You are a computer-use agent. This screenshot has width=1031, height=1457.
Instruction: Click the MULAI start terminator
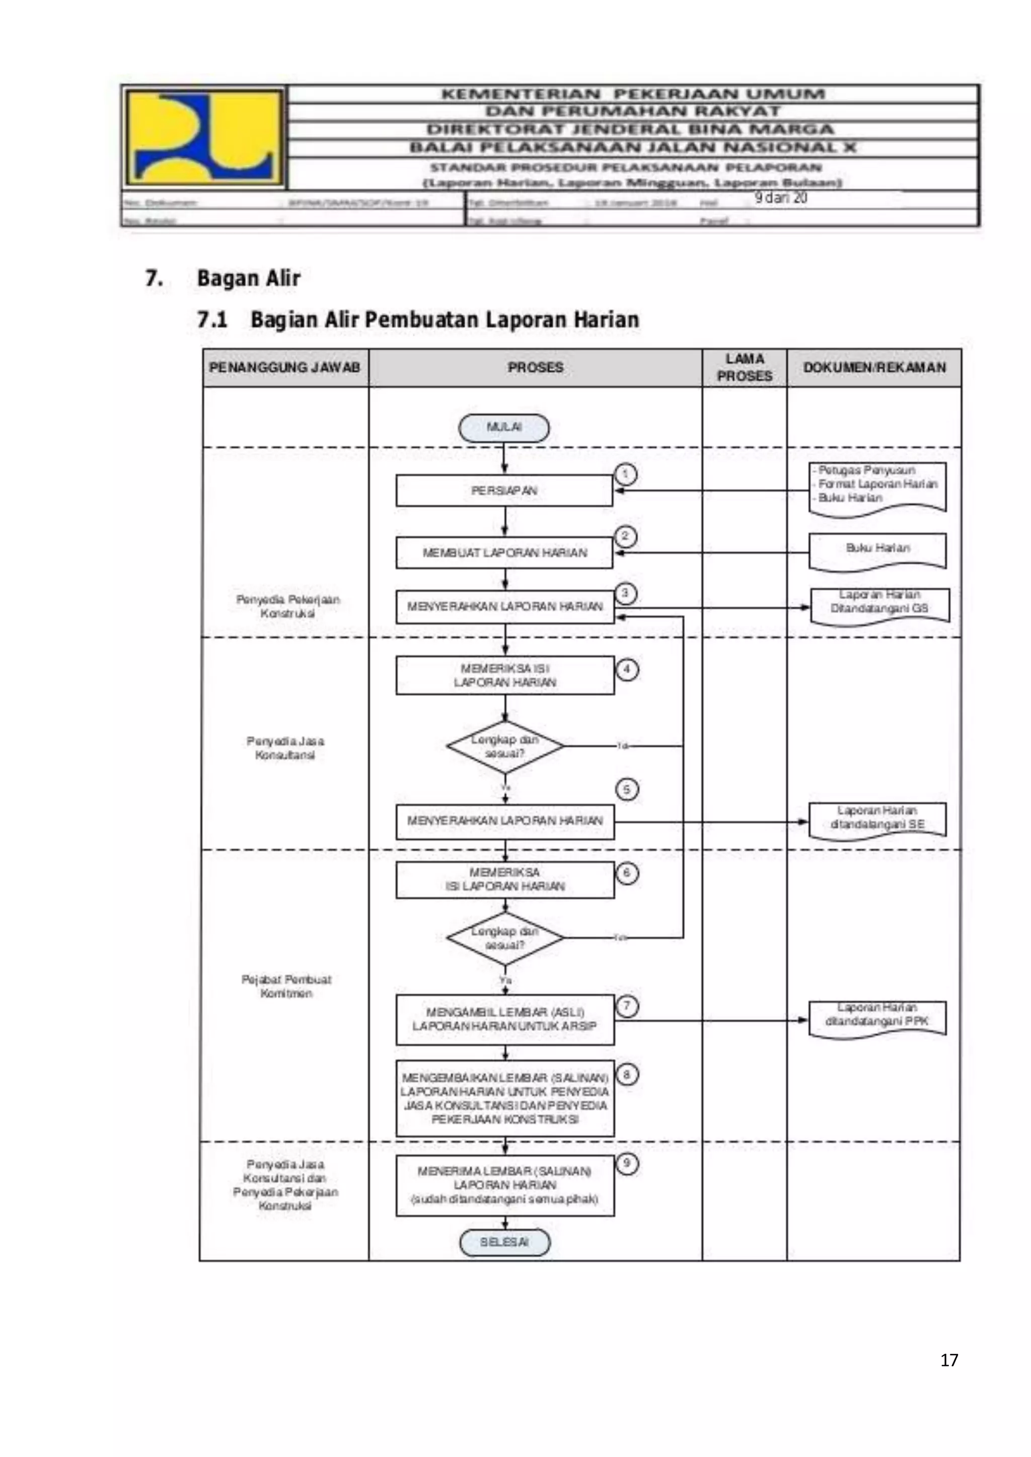point(503,428)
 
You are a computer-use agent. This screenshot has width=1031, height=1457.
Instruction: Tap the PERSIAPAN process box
point(504,491)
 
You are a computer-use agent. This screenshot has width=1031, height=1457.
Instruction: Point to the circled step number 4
point(627,670)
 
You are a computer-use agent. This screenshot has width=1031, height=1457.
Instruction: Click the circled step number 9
point(627,1163)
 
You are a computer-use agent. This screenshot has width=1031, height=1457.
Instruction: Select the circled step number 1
point(625,474)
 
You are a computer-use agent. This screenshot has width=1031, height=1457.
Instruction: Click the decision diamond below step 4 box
point(505,747)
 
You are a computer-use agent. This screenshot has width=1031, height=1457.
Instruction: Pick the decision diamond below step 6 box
point(505,938)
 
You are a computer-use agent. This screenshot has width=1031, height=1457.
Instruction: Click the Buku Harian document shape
point(877,549)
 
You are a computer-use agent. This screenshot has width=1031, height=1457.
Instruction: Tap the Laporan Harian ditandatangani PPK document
point(877,1018)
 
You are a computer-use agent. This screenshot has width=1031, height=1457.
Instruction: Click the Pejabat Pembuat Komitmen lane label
point(286,986)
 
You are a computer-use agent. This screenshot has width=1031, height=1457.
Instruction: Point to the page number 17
point(949,1359)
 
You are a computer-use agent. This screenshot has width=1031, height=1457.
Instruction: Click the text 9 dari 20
point(780,198)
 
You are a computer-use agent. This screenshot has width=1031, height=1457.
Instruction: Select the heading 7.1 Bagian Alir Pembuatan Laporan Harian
point(418,319)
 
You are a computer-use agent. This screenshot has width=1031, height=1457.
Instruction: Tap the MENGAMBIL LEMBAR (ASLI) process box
point(505,1019)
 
